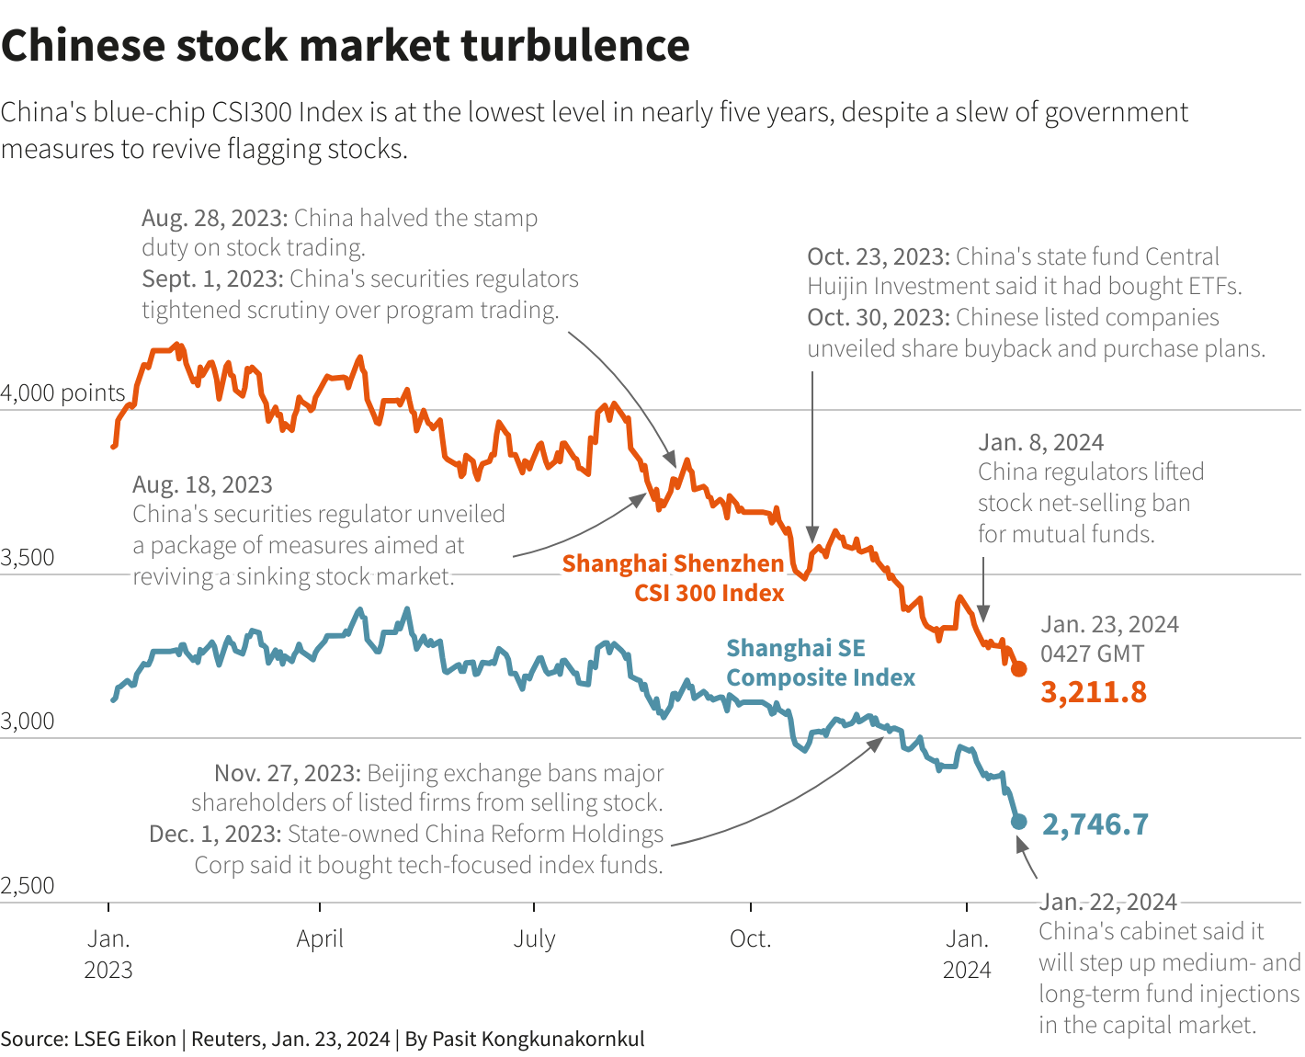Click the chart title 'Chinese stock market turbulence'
(x=345, y=46)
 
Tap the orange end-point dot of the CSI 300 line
(x=1018, y=668)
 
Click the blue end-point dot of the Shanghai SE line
(x=1018, y=821)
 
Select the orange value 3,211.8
(x=1093, y=692)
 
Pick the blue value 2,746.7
(x=1095, y=824)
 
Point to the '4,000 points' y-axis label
(x=62, y=393)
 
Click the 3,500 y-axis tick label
(x=28, y=558)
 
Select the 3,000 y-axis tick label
(x=28, y=722)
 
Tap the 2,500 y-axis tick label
(x=28, y=886)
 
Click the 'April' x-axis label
(x=320, y=939)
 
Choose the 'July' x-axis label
(x=534, y=939)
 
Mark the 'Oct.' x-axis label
(x=750, y=939)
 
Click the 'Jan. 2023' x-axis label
(x=108, y=954)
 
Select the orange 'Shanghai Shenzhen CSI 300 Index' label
(x=673, y=578)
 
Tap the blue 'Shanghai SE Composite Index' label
(x=820, y=663)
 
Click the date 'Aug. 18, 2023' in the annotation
(x=202, y=484)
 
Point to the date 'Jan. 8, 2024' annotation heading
(x=1040, y=442)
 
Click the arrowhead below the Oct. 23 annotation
(x=812, y=535)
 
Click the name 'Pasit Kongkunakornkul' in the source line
(x=538, y=1040)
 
